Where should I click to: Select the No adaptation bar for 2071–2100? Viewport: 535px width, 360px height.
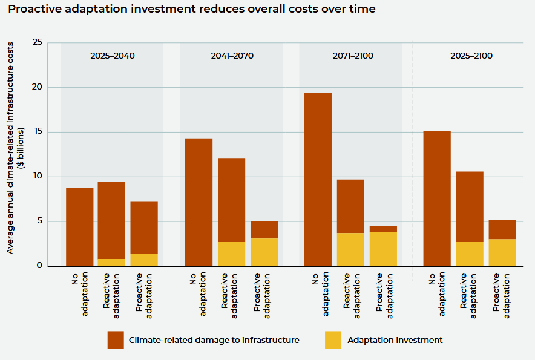pyautogui.click(x=318, y=179)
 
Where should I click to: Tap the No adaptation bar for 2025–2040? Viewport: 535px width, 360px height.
pyautogui.click(x=79, y=227)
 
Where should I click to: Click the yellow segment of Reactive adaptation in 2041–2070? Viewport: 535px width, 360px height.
pyautogui.click(x=231, y=254)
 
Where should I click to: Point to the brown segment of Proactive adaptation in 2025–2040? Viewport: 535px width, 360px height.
pyautogui.click(x=144, y=227)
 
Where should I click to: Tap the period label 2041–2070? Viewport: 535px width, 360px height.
pyautogui.click(x=232, y=56)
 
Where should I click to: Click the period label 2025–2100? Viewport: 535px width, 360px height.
pyautogui.click(x=471, y=56)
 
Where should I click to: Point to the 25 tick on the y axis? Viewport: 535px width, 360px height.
pyautogui.click(x=38, y=42)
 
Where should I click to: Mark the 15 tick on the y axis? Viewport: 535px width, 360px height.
pyautogui.click(x=38, y=132)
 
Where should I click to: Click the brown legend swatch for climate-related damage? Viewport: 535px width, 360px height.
pyautogui.click(x=116, y=340)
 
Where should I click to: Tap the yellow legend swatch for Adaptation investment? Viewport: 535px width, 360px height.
pyautogui.click(x=333, y=340)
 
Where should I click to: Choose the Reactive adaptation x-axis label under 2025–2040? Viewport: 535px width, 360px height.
pyautogui.click(x=111, y=295)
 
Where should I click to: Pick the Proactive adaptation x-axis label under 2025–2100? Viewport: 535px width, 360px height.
pyautogui.click(x=502, y=295)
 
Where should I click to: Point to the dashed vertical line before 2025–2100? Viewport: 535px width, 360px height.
pyautogui.click(x=413, y=157)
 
